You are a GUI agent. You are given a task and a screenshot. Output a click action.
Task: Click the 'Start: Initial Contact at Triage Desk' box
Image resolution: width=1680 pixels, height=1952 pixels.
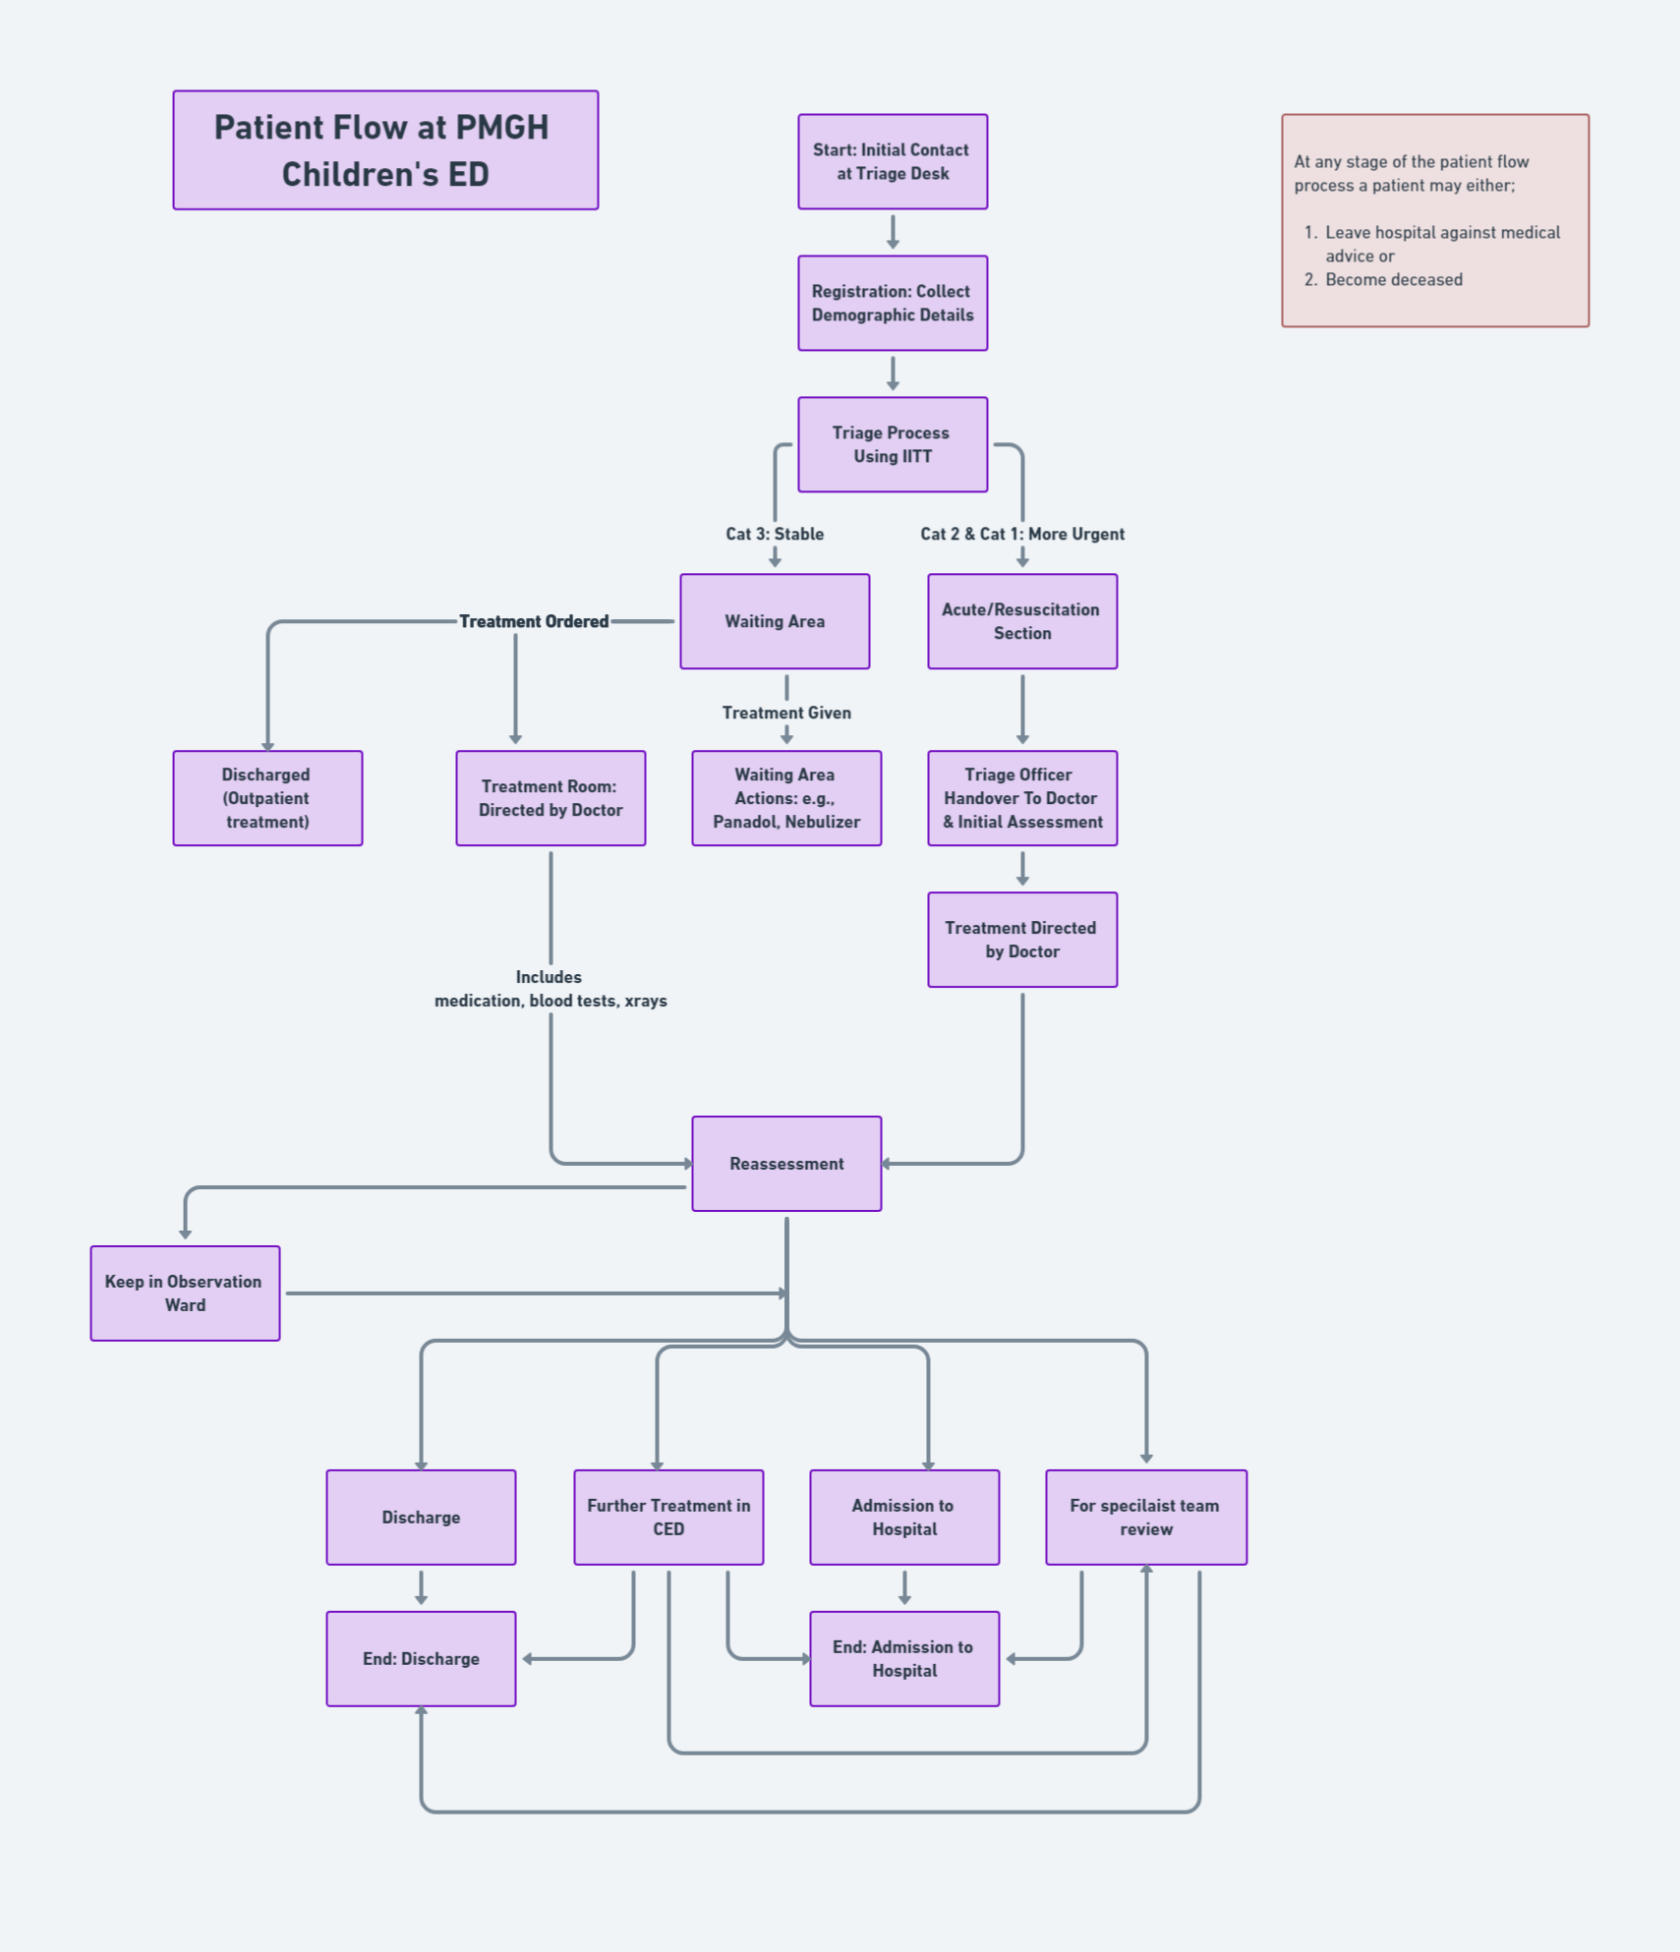tap(893, 161)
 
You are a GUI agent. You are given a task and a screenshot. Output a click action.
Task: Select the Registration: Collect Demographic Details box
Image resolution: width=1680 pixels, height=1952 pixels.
tap(893, 303)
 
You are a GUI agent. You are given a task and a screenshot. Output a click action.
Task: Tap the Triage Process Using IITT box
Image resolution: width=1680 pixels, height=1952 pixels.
tap(893, 444)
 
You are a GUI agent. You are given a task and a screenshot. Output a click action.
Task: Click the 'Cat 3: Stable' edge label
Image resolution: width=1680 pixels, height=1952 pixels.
tap(775, 534)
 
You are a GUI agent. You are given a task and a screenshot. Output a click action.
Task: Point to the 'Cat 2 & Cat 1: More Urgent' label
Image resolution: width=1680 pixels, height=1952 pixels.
tap(1022, 534)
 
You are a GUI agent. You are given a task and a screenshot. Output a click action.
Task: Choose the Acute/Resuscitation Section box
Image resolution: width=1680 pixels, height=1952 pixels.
tap(1022, 621)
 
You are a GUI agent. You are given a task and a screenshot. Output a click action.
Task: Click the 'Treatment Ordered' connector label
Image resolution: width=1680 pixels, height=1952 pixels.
tap(534, 621)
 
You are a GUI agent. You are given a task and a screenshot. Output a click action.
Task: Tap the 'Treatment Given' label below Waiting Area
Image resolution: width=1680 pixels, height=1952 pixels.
tap(786, 713)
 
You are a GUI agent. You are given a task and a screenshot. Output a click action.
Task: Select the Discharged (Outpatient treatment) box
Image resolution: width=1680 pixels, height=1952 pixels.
tap(267, 798)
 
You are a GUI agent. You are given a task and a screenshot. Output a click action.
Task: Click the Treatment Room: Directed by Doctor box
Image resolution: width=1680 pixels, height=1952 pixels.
tap(550, 798)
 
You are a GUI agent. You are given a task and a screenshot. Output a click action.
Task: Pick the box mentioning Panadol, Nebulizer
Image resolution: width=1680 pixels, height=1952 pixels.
tap(786, 798)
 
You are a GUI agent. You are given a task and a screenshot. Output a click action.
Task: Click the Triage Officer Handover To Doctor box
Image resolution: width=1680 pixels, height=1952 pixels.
tap(1022, 798)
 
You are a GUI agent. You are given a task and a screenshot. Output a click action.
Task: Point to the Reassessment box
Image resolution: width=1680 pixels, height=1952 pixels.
tap(786, 1164)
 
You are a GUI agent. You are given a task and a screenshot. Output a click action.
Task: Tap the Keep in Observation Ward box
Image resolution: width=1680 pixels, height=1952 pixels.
tap(185, 1293)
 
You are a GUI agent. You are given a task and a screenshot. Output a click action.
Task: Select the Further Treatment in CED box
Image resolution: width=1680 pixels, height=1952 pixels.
tap(668, 1518)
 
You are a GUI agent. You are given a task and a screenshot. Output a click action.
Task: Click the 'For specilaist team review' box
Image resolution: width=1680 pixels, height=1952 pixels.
tap(1146, 1518)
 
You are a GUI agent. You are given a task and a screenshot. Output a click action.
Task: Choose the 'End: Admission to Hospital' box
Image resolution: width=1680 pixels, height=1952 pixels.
tap(904, 1659)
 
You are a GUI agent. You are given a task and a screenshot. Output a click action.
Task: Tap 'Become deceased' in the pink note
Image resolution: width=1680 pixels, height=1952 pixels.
tap(1393, 279)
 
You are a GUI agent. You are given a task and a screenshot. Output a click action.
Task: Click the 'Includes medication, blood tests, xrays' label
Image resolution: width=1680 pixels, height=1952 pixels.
tap(550, 989)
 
